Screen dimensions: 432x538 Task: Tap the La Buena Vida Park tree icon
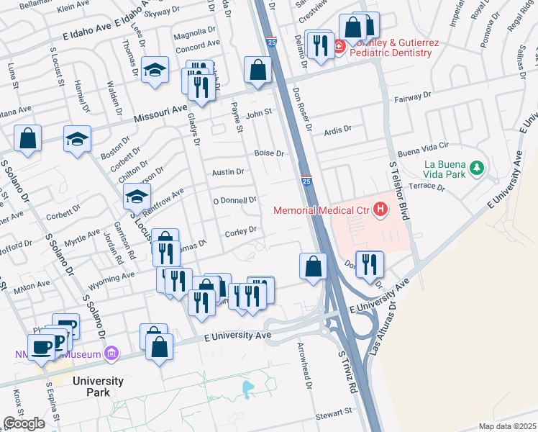(x=475, y=168)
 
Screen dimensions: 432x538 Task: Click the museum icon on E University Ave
(x=110, y=353)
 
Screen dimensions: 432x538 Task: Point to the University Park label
(x=97, y=387)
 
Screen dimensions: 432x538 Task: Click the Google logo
(x=24, y=423)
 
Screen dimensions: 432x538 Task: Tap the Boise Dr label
(x=270, y=153)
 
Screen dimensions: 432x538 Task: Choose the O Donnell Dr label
(x=234, y=199)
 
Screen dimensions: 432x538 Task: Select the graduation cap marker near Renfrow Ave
(x=137, y=195)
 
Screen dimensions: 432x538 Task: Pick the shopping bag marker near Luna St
(x=27, y=138)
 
